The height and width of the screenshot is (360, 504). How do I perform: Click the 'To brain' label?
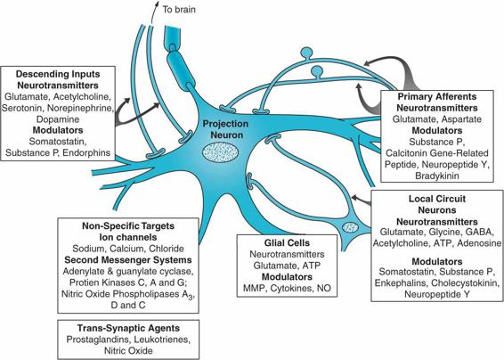point(179,9)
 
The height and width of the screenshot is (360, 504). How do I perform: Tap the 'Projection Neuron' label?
point(225,129)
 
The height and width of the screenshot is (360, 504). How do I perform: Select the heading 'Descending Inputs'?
point(58,74)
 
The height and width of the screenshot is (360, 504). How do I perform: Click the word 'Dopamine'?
point(58,119)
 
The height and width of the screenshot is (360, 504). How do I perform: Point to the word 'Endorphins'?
point(86,152)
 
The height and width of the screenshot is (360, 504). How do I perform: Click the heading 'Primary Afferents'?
point(437,96)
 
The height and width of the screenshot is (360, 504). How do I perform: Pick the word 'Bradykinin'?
point(437,176)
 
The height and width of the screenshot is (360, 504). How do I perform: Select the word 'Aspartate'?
point(461,119)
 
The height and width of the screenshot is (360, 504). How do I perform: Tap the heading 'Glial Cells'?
point(287,242)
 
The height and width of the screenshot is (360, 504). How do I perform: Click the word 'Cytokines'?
point(292,288)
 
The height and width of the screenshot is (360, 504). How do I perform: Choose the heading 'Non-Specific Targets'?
point(128,225)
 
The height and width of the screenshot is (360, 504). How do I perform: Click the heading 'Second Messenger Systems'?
point(128,260)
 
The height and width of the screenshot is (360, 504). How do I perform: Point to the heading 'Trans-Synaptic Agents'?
point(128,328)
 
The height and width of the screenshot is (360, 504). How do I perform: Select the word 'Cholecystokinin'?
point(466,283)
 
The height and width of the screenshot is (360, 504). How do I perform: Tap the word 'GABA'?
point(480,232)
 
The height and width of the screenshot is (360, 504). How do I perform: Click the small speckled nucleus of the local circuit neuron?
point(350,227)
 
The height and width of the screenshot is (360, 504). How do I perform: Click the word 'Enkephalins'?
point(401,283)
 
